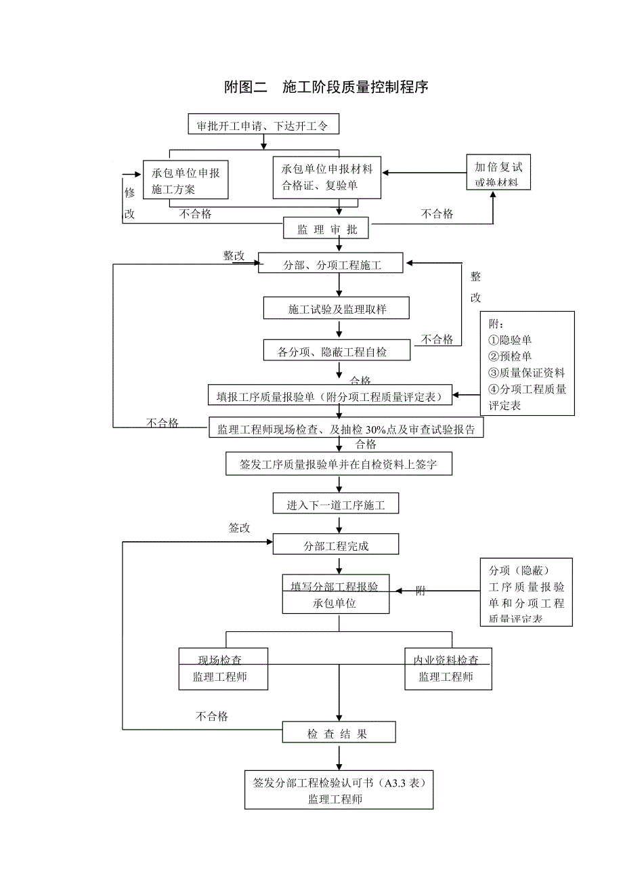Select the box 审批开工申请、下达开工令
point(262,125)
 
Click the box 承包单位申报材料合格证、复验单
point(327,177)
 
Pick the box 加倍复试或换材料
point(498,173)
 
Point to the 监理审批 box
point(326,230)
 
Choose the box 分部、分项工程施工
point(331,264)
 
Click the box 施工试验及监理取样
point(337,309)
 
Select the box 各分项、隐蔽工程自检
point(333,351)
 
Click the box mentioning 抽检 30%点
point(346,429)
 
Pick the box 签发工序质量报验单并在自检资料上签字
point(338,464)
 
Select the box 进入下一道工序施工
point(336,505)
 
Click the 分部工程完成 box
point(336,545)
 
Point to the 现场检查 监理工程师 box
point(223,668)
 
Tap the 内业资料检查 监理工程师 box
point(448,668)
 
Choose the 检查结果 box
point(338,734)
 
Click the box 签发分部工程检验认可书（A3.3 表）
point(339,790)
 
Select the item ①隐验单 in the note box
point(510,340)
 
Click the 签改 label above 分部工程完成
point(239,528)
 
